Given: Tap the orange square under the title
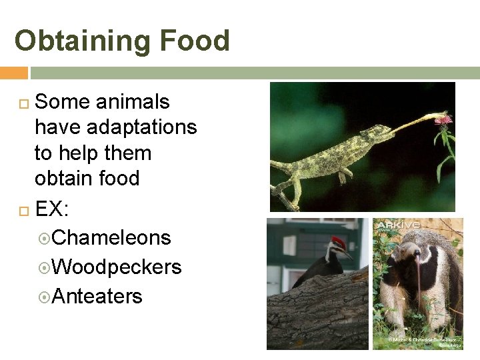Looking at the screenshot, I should coord(13,73).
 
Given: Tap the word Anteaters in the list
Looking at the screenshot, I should coord(97,296).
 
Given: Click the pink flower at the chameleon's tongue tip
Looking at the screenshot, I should coord(443,119).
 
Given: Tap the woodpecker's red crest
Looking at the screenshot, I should coord(339,241).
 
